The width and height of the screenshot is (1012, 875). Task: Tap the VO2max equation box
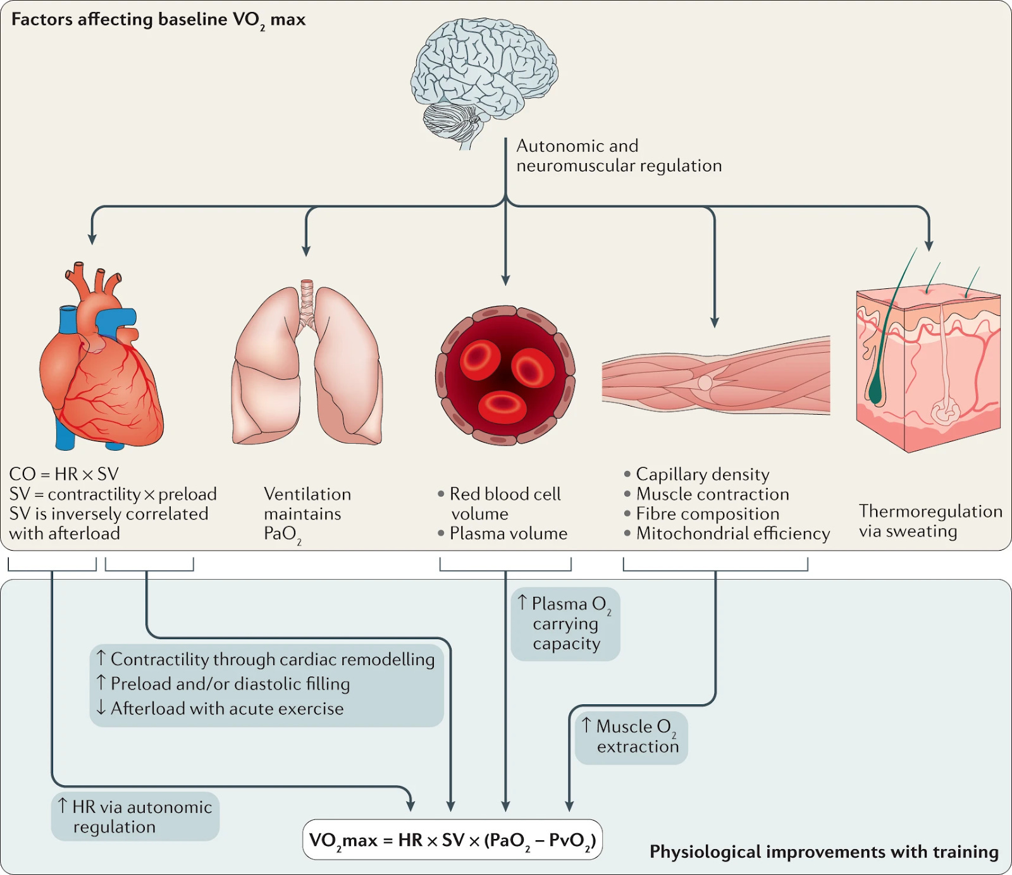click(x=452, y=840)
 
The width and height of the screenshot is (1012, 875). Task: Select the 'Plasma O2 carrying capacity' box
click(x=565, y=623)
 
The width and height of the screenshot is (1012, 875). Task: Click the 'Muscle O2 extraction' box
click(x=631, y=737)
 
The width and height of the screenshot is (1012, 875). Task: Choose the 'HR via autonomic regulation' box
click(x=135, y=816)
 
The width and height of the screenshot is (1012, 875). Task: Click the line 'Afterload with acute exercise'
click(x=226, y=709)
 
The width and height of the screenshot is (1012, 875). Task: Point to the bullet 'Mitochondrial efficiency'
click(x=732, y=534)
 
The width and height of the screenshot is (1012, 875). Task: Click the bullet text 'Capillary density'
click(x=702, y=474)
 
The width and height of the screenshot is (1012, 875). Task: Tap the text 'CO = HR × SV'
click(x=64, y=474)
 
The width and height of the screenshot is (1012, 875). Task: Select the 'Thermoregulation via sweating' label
click(x=930, y=521)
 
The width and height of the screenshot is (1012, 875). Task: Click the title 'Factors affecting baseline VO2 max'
click(x=158, y=20)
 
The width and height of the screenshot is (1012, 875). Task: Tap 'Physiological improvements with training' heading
click(x=824, y=852)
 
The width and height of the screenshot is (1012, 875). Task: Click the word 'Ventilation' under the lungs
click(x=307, y=494)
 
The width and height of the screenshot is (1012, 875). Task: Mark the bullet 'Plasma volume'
click(x=508, y=534)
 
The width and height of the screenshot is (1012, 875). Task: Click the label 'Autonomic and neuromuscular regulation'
click(x=618, y=156)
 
